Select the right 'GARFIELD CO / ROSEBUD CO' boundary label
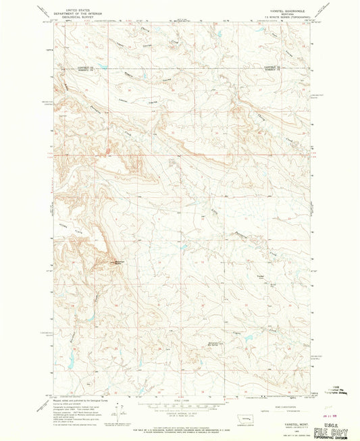pyautogui.click(x=270, y=69)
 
